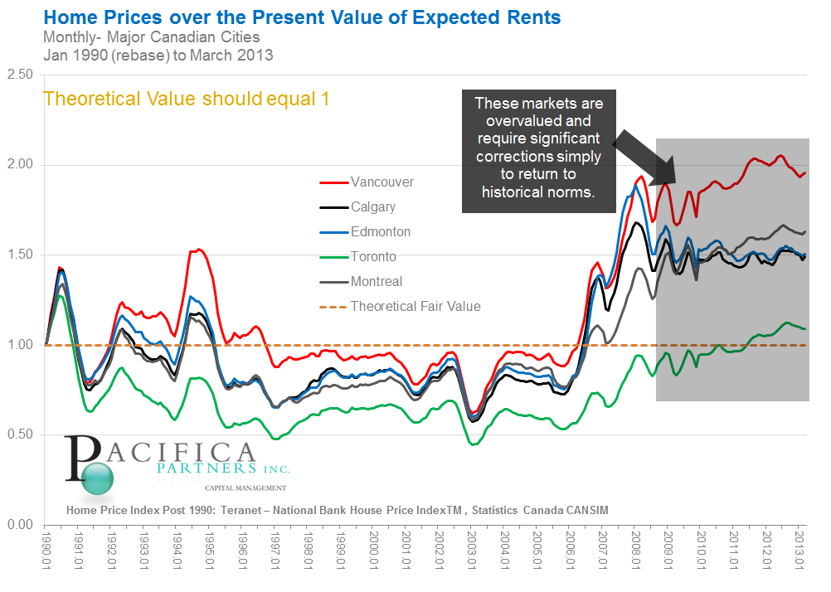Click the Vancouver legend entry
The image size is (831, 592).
pyautogui.click(x=381, y=182)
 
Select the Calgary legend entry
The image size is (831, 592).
pyautogui.click(x=372, y=206)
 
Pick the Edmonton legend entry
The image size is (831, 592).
pyautogui.click(x=380, y=231)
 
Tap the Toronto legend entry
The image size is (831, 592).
pyautogui.click(x=372, y=256)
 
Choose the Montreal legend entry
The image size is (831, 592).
pyautogui.click(x=376, y=281)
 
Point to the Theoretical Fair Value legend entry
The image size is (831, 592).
pyautogui.click(x=415, y=306)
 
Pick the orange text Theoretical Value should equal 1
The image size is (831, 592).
pyautogui.click(x=186, y=99)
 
